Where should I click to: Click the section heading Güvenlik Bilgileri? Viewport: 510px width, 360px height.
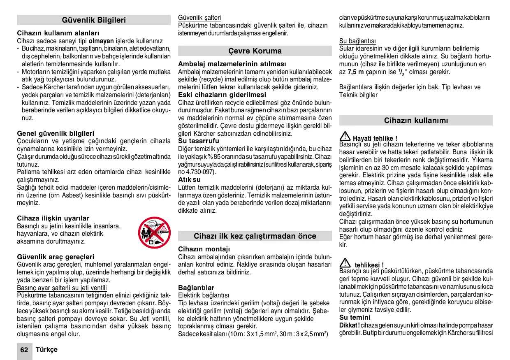(94, 20)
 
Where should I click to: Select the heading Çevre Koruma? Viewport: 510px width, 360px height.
(255, 51)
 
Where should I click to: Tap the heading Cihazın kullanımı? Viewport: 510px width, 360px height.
(416, 121)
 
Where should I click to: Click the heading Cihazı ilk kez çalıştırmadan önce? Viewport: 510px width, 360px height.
(255, 236)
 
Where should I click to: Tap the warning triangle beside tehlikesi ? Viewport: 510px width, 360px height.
(345, 263)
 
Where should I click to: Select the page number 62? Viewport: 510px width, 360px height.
(24, 350)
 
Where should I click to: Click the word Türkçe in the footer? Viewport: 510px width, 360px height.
(46, 350)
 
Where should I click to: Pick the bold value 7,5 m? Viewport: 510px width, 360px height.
(356, 72)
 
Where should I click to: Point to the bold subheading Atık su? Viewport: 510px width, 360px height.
(189, 180)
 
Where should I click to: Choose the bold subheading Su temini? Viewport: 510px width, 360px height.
(355, 317)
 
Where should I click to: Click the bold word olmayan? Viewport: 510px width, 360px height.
(101, 41)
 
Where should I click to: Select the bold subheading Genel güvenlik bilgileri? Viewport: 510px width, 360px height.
(56, 133)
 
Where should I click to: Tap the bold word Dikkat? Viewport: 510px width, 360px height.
(349, 325)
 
